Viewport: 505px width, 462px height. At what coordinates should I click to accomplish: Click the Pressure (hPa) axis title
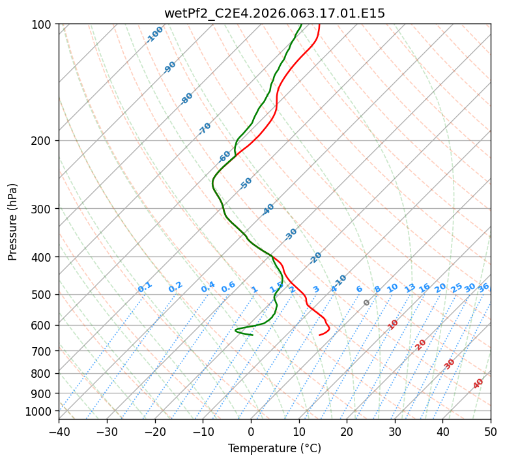coord(12,221)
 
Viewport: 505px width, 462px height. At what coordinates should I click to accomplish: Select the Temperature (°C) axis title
coord(274,448)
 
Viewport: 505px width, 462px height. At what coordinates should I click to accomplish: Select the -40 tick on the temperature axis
coord(59,431)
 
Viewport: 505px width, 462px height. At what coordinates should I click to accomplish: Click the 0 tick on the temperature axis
coord(251,431)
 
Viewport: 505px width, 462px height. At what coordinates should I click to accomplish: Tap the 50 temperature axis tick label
coord(491,431)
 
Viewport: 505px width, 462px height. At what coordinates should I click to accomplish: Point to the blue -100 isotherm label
coord(154,35)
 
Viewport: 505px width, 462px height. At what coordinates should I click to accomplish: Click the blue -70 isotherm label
coord(205,129)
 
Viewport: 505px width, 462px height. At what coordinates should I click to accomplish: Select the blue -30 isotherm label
coord(291,234)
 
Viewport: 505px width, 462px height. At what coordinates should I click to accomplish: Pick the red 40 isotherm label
coord(478,384)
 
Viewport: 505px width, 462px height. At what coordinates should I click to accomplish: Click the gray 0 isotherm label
coord(367,303)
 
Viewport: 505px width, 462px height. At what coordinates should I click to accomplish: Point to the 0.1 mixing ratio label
coord(145,286)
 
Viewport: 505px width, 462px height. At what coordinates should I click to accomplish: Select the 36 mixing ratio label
coord(483,287)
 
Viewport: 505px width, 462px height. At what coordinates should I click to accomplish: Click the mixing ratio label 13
coord(410,288)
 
